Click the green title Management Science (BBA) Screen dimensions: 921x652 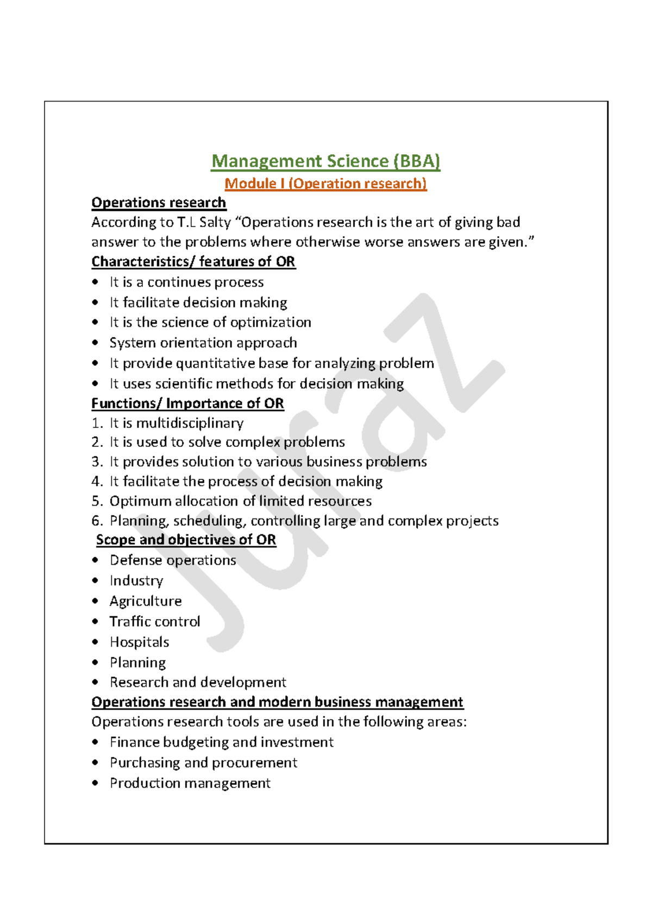pos(325,161)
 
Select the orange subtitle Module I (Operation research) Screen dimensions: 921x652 pos(325,184)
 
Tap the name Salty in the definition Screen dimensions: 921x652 pos(215,222)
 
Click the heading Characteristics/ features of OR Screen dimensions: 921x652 pos(193,262)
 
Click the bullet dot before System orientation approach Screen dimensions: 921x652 pos(96,343)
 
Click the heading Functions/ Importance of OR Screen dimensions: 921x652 pos(187,403)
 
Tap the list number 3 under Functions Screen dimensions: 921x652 pos(96,462)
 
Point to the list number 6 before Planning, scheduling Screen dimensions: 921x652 pos(96,521)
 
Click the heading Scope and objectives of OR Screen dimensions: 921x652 pos(186,540)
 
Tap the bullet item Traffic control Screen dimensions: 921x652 pos(155,621)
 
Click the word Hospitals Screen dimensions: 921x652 pos(139,642)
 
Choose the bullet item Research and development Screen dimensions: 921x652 pos(198,682)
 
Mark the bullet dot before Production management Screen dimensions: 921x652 pos(96,783)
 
